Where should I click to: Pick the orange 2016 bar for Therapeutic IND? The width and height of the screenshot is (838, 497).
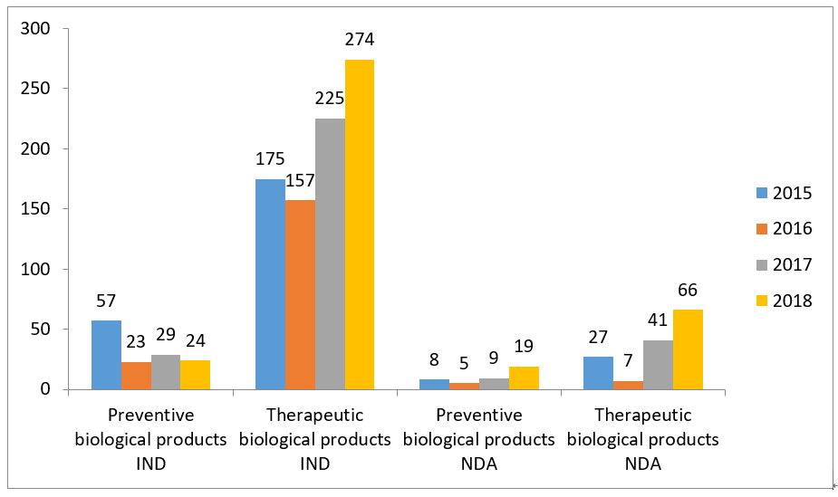click(x=300, y=294)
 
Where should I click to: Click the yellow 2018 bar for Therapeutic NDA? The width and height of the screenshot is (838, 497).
click(x=688, y=349)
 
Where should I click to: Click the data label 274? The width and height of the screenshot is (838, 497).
click(x=360, y=40)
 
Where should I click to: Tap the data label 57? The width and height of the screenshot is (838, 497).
click(x=106, y=301)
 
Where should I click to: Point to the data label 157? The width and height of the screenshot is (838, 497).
click(x=300, y=181)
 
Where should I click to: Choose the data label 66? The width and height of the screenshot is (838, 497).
click(x=688, y=290)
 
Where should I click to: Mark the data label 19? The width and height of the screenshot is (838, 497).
click(x=524, y=346)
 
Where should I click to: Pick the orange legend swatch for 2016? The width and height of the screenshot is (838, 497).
click(x=761, y=229)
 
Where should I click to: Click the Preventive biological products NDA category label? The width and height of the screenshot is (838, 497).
click(x=478, y=439)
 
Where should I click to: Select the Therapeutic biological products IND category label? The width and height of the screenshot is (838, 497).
click(x=315, y=439)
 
